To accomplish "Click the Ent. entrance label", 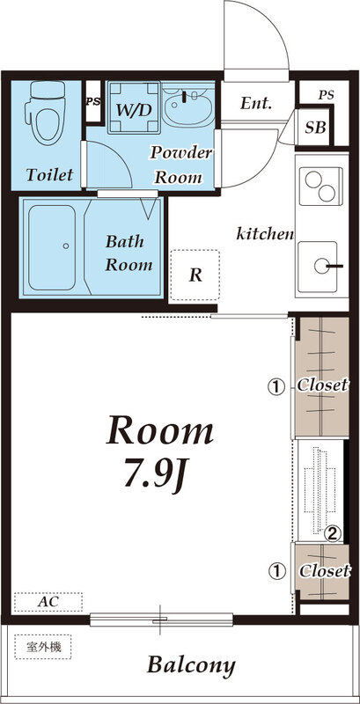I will click(256, 103).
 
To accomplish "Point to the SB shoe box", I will click(314, 128).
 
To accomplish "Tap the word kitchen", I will click(265, 234).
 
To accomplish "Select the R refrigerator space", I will click(195, 275).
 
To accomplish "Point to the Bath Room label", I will click(129, 252).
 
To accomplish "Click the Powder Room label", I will click(181, 165).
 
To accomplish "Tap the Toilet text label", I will click(49, 174).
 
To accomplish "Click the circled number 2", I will click(333, 532).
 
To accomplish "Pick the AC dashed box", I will click(48, 602).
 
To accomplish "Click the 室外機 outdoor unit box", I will click(44, 648).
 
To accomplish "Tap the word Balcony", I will click(191, 664).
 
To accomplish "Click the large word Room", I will click(160, 431).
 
